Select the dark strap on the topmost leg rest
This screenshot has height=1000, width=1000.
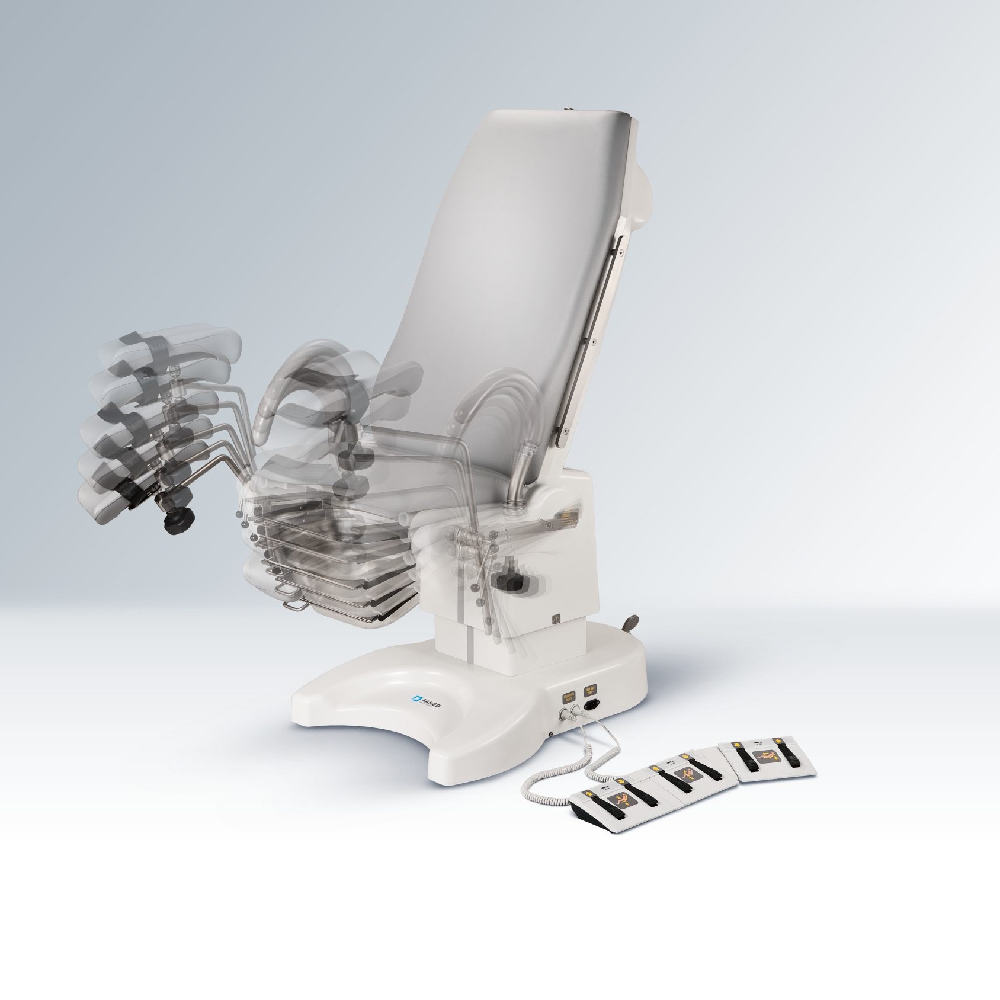pos(138,343)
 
